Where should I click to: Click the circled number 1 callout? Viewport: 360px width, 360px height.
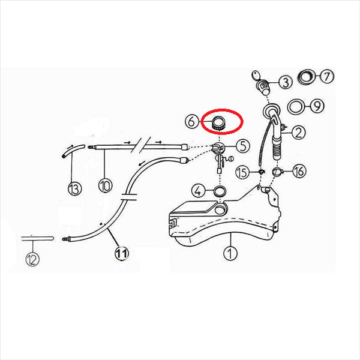coord(230,253)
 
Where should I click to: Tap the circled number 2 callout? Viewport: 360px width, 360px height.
coord(298,133)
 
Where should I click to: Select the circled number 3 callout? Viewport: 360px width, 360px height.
coord(286,82)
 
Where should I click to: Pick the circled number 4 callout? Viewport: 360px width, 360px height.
coord(199,191)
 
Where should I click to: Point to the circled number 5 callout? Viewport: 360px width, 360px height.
coord(243,146)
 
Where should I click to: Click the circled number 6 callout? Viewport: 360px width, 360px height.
coord(191,121)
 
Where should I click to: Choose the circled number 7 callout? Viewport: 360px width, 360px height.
coord(327,76)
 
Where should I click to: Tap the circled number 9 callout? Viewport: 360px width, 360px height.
coord(317,106)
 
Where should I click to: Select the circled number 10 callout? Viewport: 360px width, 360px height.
coord(106,185)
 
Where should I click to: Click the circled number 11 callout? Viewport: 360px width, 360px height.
coord(122,253)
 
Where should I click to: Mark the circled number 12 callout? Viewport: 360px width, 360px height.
coord(32,259)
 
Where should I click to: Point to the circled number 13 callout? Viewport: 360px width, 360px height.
coord(75,188)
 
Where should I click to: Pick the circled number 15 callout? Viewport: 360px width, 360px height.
coord(242,173)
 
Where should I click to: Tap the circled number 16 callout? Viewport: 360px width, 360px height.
coord(299,171)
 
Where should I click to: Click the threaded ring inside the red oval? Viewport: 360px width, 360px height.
coord(218,123)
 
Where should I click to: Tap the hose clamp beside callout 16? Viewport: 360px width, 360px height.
coord(278,171)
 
